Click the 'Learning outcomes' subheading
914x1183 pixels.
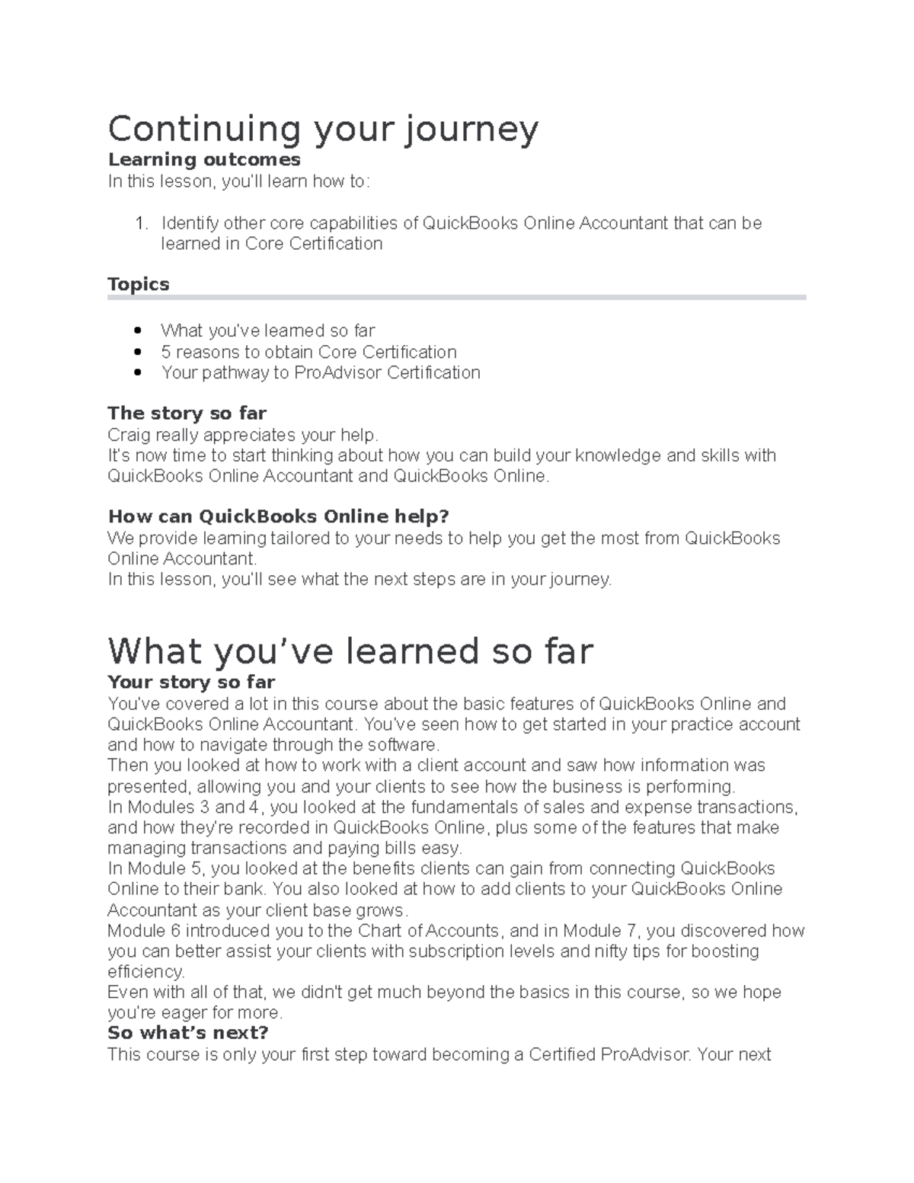(204, 160)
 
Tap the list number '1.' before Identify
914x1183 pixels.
(140, 223)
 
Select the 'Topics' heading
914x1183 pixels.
(138, 284)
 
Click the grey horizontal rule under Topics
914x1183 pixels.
(456, 298)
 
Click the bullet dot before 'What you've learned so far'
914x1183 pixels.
(138, 331)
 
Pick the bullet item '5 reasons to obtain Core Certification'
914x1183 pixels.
(308, 352)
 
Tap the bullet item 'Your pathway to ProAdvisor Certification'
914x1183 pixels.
(320, 372)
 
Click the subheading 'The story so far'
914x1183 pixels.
(187, 414)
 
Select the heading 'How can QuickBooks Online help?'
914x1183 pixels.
(278, 516)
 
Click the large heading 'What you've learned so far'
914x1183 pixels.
(350, 651)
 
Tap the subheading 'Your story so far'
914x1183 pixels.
(191, 682)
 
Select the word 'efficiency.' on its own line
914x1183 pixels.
(145, 972)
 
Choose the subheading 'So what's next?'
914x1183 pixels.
(188, 1034)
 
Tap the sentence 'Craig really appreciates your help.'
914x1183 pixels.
(243, 435)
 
